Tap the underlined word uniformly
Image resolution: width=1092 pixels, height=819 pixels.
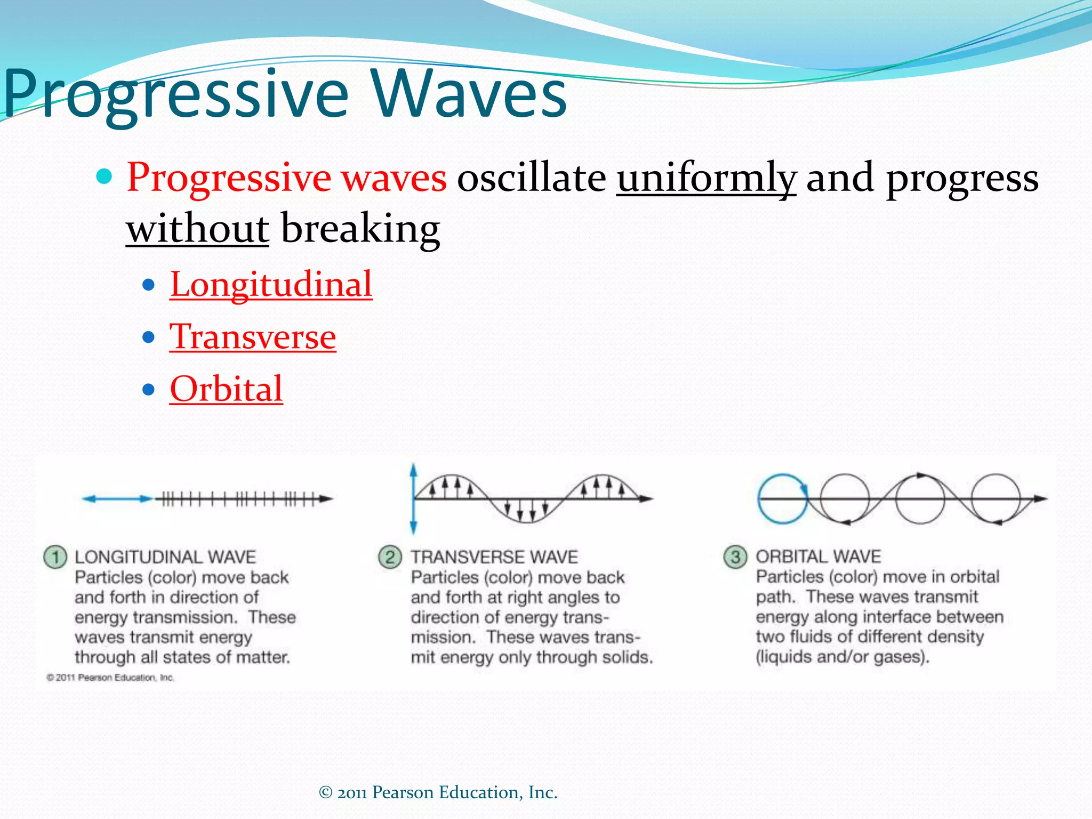[706, 178]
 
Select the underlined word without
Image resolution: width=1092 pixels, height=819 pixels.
[197, 229]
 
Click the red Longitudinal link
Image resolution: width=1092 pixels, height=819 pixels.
[271, 284]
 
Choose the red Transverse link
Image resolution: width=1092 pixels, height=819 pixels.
[253, 336]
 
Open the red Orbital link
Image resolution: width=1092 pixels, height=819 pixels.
[226, 388]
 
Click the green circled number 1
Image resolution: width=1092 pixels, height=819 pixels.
[55, 557]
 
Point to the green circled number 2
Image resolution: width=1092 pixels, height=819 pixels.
[390, 557]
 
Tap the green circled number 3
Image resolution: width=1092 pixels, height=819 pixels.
[735, 557]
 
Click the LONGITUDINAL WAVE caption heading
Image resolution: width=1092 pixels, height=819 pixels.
[165, 557]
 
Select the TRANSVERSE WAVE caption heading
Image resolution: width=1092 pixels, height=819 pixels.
[494, 557]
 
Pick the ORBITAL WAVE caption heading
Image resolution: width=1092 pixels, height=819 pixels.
[818, 557]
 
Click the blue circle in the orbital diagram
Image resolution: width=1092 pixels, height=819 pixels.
[783, 499]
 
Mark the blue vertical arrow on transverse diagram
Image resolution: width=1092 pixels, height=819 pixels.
[413, 499]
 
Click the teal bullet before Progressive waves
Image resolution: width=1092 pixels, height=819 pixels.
[105, 176]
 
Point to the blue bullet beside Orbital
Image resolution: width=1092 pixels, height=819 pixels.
[149, 389]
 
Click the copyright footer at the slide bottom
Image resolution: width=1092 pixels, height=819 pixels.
[438, 792]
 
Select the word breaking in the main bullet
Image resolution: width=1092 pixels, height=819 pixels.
[360, 229]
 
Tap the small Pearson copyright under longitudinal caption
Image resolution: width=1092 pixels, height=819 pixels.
[110, 677]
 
